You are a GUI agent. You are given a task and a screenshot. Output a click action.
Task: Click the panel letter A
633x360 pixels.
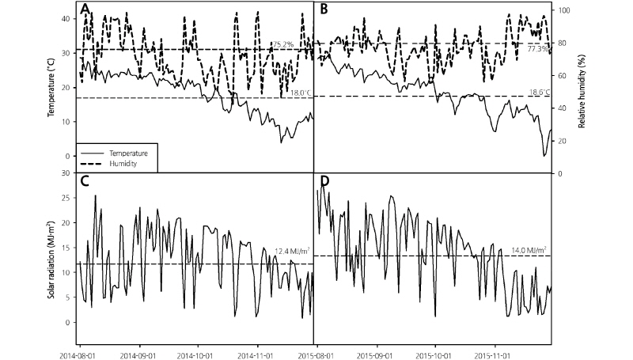85,9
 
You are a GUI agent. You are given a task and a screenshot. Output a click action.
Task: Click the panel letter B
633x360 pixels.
322,9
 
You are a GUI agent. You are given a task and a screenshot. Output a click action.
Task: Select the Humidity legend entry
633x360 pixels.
126,162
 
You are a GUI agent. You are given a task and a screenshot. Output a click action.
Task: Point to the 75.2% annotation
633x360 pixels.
282,44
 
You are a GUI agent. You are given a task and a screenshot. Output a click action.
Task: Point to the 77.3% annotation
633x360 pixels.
538,49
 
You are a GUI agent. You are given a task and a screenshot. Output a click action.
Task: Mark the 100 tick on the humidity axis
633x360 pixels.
563,10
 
